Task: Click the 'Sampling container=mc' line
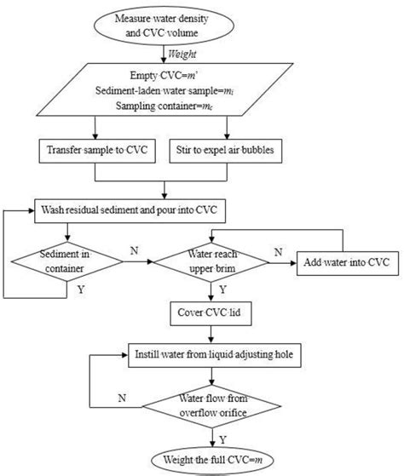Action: point(202,111)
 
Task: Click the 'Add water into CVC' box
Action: point(344,261)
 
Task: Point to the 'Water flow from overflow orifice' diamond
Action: point(222,402)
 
